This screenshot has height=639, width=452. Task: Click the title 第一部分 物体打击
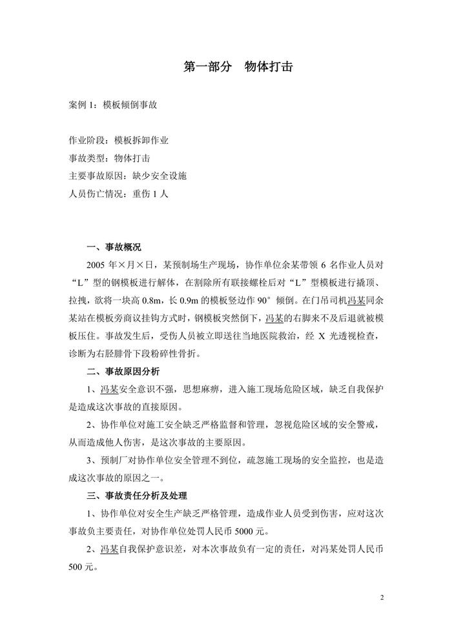pyautogui.click(x=240, y=67)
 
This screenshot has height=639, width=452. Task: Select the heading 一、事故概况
pyautogui.click(x=114, y=247)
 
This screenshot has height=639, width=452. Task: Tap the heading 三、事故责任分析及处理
pyautogui.click(x=136, y=496)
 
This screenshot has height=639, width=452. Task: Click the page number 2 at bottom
pyautogui.click(x=382, y=598)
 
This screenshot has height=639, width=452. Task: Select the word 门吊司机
pyautogui.click(x=329, y=300)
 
